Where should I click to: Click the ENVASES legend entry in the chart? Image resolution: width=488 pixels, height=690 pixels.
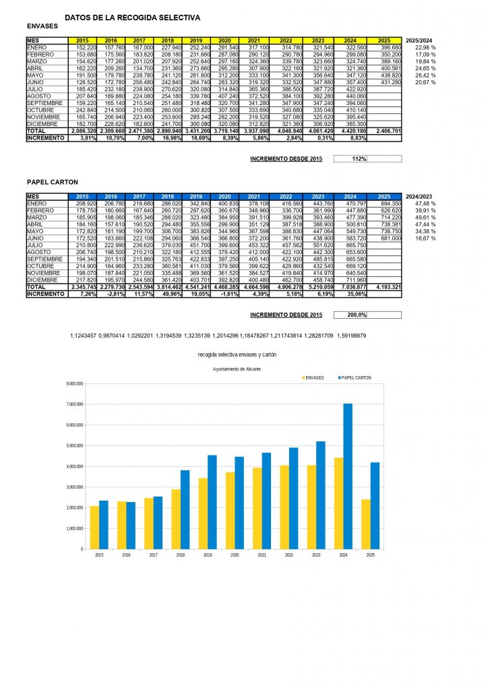click(312, 378)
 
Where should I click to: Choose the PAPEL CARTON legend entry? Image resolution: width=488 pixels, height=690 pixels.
click(355, 378)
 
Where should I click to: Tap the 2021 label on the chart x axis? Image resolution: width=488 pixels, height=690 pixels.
click(262, 555)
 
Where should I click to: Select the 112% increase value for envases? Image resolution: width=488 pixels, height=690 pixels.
click(358, 159)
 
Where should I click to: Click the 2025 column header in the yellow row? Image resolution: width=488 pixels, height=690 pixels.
click(384, 40)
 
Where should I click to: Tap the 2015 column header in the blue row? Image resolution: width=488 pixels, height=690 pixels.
click(83, 196)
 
